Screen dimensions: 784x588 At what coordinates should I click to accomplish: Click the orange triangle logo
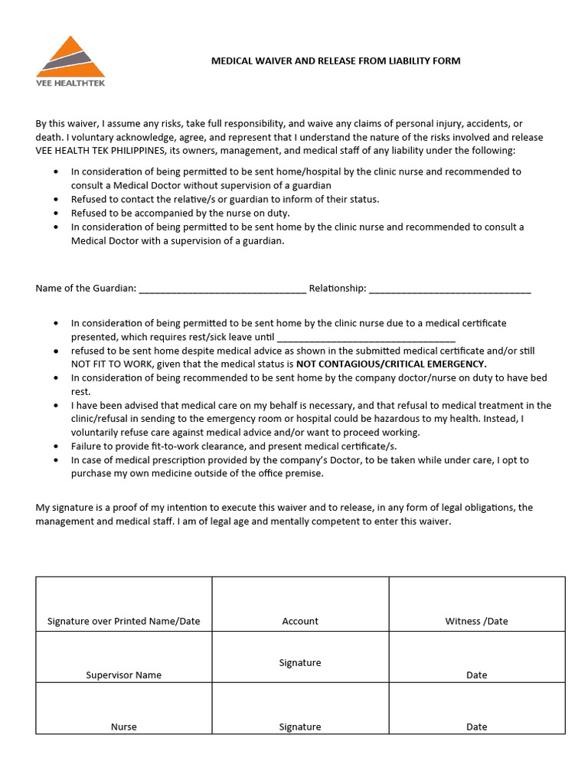pyautogui.click(x=70, y=57)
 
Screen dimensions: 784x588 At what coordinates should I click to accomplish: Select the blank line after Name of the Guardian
pyautogui.click(x=223, y=289)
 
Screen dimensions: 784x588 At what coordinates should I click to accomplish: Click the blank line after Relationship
pyautogui.click(x=450, y=289)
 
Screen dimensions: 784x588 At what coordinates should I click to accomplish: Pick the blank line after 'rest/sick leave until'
pyautogui.click(x=366, y=337)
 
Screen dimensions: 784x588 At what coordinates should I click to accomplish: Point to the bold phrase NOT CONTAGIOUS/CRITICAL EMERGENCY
pyautogui.click(x=391, y=364)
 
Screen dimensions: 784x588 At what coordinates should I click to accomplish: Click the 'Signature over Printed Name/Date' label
pyautogui.click(x=123, y=621)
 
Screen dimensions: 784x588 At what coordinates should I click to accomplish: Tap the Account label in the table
pyautogui.click(x=300, y=621)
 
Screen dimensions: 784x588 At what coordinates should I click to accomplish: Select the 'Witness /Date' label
pyautogui.click(x=476, y=621)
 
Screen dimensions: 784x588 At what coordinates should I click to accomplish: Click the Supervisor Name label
pyautogui.click(x=123, y=675)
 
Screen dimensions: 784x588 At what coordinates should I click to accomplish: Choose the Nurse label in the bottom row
pyautogui.click(x=123, y=727)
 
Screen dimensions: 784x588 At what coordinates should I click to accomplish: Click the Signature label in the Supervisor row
pyautogui.click(x=300, y=662)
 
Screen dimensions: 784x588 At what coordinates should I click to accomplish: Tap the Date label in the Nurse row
pyautogui.click(x=476, y=727)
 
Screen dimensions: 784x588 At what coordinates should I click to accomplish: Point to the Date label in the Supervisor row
pyautogui.click(x=476, y=675)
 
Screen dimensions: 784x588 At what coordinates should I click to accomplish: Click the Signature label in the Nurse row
pyautogui.click(x=300, y=727)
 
